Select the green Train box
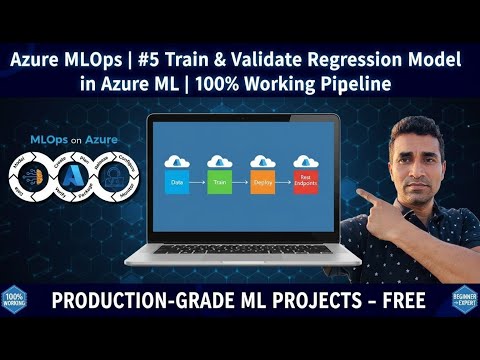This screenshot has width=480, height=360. pos(219,184)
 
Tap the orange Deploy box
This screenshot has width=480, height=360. pos(263,184)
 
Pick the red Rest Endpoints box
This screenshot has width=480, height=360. pos(306,184)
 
